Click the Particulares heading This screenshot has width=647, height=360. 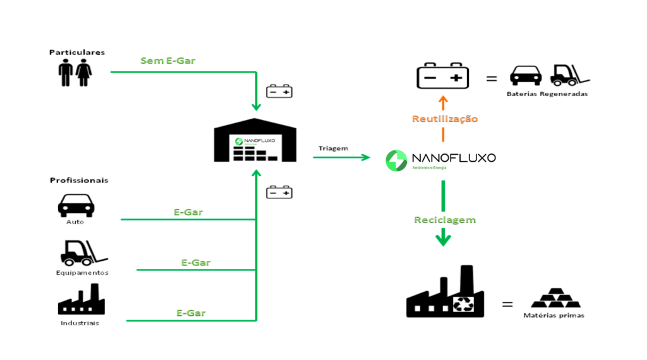[77, 52]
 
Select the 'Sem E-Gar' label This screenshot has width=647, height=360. [167, 61]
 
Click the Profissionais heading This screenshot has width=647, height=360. [79, 180]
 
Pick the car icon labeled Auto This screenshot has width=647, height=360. [76, 205]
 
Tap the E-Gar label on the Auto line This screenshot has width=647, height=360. [188, 212]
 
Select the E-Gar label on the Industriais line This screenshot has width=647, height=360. [191, 313]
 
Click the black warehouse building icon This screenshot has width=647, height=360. [255, 140]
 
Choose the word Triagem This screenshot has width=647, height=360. [334, 148]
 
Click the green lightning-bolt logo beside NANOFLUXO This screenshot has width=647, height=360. [396, 160]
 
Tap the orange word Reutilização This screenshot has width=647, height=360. [445, 119]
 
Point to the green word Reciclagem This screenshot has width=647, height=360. [445, 220]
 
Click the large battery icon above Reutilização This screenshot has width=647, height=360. [442, 76]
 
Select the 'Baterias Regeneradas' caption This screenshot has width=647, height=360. [547, 94]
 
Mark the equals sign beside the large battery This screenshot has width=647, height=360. [492, 79]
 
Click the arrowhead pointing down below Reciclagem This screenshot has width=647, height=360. [444, 239]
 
